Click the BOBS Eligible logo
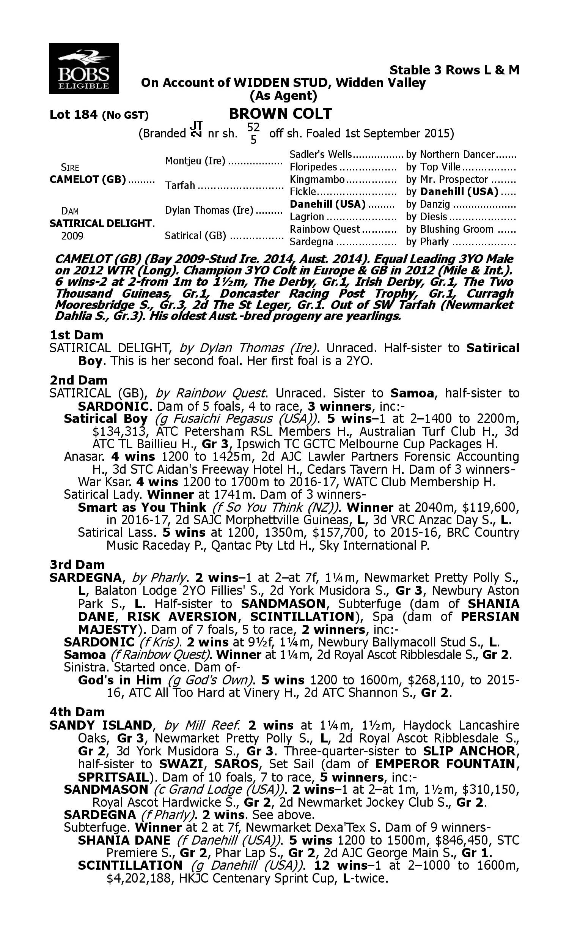83,68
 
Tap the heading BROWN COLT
280,114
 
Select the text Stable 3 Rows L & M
454,70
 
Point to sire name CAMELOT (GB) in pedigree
88,180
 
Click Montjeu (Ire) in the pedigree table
195,161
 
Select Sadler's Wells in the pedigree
321,154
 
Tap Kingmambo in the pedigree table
318,180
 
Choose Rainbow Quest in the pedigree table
325,229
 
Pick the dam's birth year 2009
72,235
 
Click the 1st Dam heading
77,335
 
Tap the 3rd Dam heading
77,564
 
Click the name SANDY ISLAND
101,725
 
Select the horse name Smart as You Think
142,507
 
